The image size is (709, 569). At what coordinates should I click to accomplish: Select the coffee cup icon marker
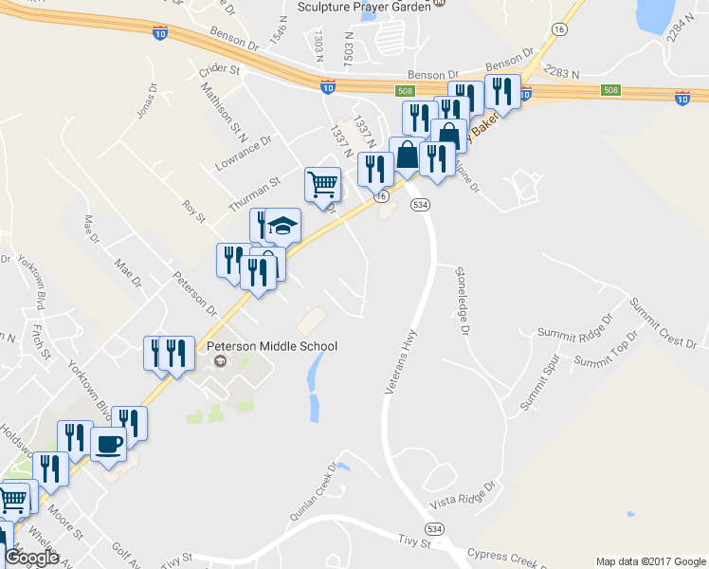pos(107,444)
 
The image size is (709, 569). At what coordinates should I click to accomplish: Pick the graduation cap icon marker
pos(282,226)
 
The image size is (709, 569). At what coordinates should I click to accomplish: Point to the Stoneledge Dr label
pos(462,301)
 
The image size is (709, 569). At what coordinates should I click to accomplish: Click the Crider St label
pos(221,71)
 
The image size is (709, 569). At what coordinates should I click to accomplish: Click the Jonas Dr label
pos(145,101)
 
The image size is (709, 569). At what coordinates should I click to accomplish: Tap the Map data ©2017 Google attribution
pos(650,560)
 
